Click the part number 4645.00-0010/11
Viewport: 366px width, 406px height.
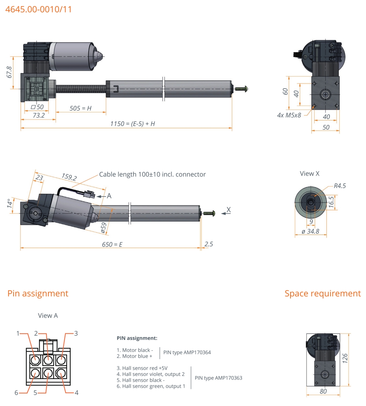pos(39,9)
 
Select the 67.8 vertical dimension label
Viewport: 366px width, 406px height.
pos(9,72)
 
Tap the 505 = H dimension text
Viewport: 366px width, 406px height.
pos(80,108)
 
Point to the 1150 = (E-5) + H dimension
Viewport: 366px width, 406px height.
pos(132,124)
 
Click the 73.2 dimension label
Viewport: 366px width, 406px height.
pos(39,115)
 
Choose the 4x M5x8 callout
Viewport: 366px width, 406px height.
pos(289,115)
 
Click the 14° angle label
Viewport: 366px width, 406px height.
pos(10,203)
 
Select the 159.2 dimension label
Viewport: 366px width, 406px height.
pos(69,177)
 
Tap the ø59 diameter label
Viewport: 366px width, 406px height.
pos(104,227)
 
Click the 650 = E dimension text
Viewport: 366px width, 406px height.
pos(112,244)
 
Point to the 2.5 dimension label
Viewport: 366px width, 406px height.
pos(209,244)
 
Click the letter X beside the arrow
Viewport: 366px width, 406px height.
pos(229,210)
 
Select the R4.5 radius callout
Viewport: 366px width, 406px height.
pos(340,186)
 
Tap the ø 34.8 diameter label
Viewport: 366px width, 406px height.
pos(310,231)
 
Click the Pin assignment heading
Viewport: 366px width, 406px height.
pos(38,293)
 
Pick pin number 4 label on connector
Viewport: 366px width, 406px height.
pos(77,393)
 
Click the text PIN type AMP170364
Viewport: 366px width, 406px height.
pos(187,353)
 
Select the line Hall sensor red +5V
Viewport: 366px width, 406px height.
pos(142,368)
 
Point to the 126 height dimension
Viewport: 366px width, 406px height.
pos(345,358)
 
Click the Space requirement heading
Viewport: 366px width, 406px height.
pos(323,293)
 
